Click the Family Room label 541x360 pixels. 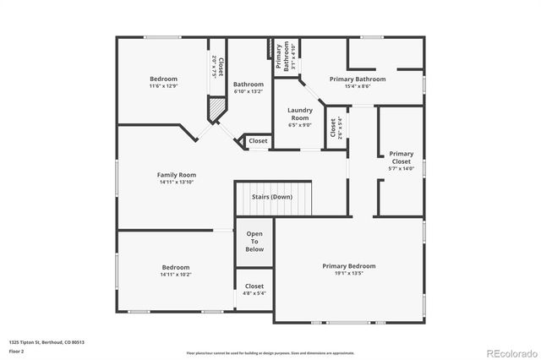(177, 174)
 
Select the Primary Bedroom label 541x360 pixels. (348, 265)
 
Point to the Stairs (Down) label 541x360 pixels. (272, 197)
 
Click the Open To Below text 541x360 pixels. (254, 241)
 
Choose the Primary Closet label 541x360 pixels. (401, 157)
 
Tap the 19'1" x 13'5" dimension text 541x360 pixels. (348, 273)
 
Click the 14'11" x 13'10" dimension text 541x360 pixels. (177, 182)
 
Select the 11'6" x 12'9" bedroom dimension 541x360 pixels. (163, 86)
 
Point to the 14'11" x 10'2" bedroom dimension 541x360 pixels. (176, 274)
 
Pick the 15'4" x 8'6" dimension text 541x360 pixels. (358, 86)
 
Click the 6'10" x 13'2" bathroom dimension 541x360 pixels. (249, 92)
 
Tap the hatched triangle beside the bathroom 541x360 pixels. (218, 107)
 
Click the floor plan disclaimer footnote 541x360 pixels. (270, 352)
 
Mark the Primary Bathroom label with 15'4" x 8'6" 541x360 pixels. (358, 79)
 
